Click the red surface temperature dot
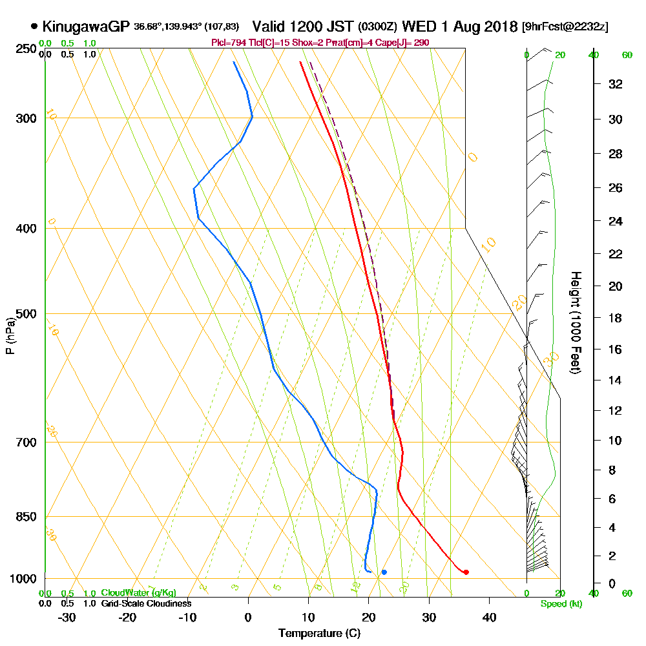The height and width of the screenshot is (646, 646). point(466,572)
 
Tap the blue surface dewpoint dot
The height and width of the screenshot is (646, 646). point(384,572)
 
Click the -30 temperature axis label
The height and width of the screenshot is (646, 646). point(67,617)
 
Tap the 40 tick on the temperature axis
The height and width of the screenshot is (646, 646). point(489,617)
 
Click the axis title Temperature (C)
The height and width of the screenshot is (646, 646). point(319,633)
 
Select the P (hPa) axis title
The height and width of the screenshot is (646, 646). point(10,336)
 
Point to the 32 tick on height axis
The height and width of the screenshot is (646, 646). point(616,84)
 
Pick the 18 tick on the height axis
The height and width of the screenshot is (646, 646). point(616,318)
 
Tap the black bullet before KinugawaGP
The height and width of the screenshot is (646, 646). point(34,26)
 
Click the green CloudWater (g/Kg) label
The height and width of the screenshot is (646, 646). point(138,592)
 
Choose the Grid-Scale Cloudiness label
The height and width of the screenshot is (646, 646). point(146,603)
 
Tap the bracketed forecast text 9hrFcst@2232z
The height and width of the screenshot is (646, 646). point(565,27)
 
